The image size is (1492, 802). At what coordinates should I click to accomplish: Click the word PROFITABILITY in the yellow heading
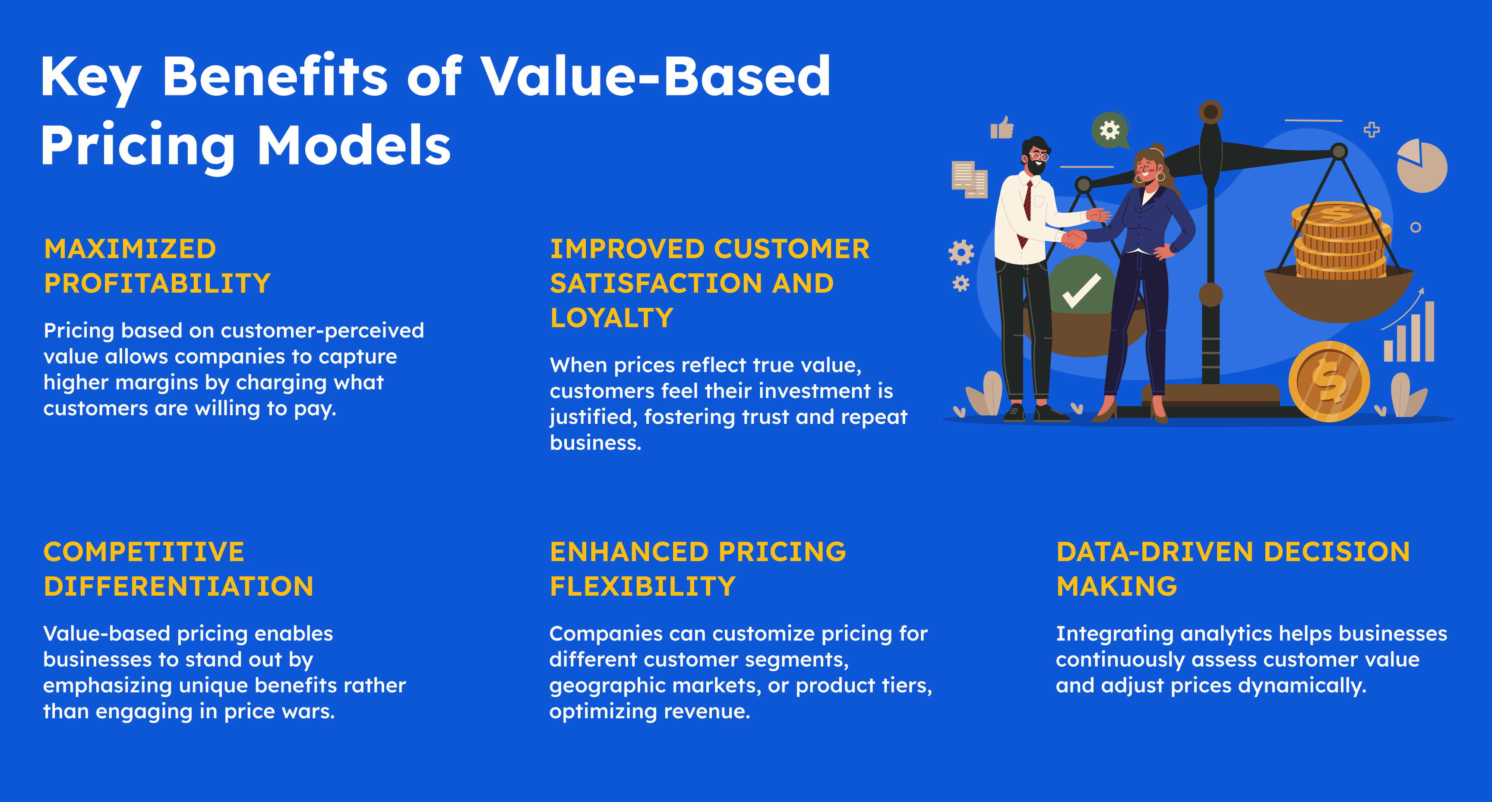[158, 283]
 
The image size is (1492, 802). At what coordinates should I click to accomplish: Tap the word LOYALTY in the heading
[612, 317]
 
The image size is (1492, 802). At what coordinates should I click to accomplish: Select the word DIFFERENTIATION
[178, 586]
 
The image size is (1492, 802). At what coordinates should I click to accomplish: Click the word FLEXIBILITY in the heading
[642, 586]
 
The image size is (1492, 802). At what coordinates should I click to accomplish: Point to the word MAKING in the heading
[1117, 586]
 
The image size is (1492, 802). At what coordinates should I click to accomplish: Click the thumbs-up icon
[1002, 127]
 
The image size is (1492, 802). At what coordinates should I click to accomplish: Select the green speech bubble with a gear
[1110, 130]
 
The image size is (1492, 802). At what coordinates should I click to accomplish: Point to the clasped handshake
[1073, 238]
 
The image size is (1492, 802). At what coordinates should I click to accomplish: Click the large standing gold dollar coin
[1329, 382]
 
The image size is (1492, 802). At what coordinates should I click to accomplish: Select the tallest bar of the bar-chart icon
[1429, 331]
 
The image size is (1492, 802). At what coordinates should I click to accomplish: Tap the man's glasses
[1039, 156]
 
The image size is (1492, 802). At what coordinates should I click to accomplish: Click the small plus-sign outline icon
[1372, 129]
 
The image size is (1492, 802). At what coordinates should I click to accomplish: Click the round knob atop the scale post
[1210, 112]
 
